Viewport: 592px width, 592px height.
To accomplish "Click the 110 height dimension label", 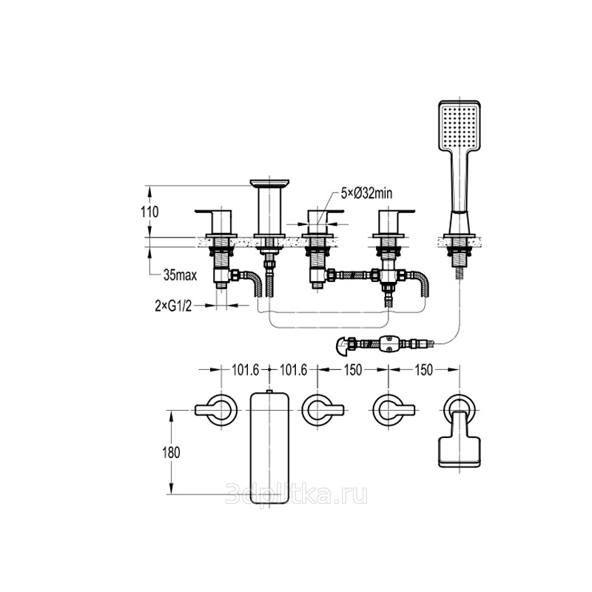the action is [150, 212].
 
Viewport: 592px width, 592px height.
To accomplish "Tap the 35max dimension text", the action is [180, 275].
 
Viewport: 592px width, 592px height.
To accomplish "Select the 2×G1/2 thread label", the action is [173, 306].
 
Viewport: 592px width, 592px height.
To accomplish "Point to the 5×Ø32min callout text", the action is [366, 193].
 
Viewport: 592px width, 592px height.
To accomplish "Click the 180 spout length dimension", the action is [172, 452].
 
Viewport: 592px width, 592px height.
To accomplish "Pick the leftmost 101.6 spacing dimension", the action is [246, 371].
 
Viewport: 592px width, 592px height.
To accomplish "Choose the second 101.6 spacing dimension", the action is [293, 371].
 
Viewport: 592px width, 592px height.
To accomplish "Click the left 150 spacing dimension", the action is [353, 371].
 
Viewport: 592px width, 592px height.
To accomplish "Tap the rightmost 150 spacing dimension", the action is [423, 371].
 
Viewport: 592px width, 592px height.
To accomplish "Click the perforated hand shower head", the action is [460, 124].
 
